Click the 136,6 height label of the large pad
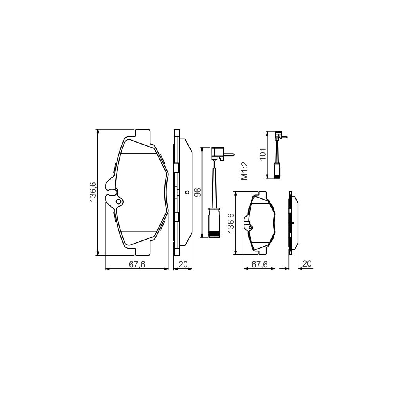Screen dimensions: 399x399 [93, 192]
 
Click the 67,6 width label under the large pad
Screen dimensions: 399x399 [137, 265]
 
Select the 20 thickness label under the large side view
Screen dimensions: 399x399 [183, 265]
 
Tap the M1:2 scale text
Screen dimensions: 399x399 [245, 171]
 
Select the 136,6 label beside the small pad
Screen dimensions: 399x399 [231, 223]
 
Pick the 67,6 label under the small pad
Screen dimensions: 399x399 [259, 264]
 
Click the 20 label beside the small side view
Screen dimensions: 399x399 [307, 264]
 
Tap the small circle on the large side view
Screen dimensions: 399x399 [187, 192]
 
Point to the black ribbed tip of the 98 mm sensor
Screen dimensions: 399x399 [215, 234]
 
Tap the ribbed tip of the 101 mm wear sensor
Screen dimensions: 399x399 [277, 176]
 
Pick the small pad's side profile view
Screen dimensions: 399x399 [293, 223]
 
